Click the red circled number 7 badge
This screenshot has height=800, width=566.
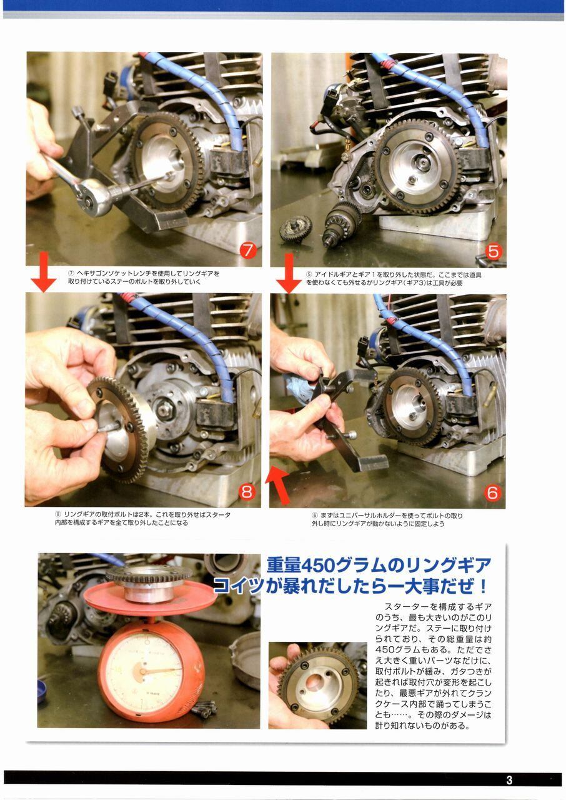247,251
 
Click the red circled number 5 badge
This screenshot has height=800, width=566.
493,251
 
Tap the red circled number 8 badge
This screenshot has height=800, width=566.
247,492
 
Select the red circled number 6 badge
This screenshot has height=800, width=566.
492,493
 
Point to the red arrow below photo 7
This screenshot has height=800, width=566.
43,272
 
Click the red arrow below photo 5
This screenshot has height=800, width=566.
289,273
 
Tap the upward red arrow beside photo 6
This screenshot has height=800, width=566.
279,484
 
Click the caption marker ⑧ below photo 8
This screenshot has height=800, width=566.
58,514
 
